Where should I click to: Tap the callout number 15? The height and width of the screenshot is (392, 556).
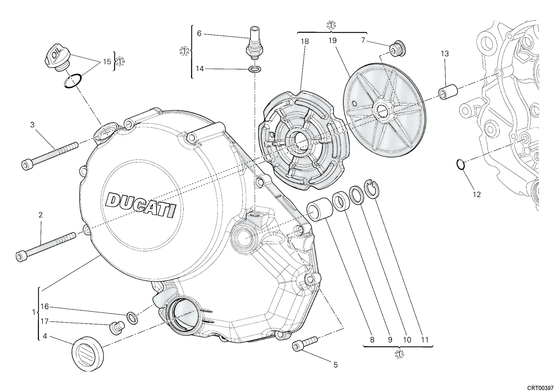107,62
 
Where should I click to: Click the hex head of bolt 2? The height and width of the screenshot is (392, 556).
21,256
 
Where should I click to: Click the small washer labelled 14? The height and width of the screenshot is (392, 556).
255,69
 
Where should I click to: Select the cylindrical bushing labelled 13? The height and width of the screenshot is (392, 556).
449,92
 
